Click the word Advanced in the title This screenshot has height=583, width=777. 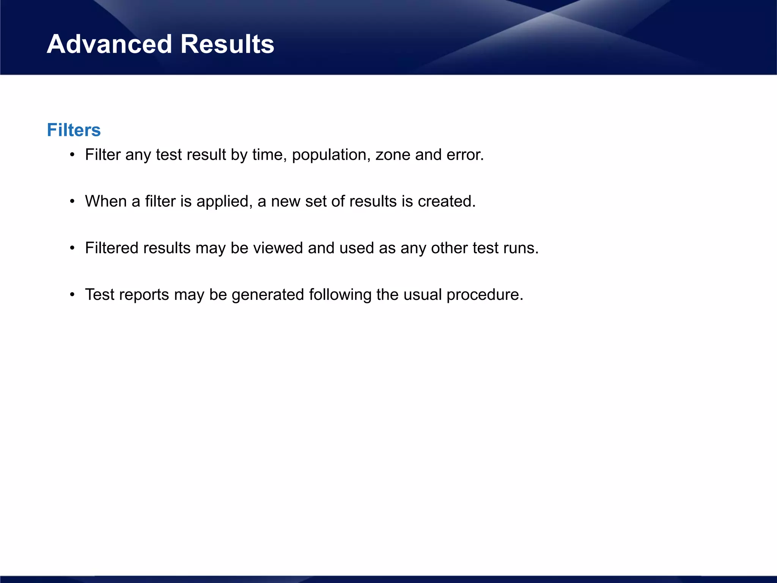coord(109,44)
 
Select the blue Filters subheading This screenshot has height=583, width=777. coord(74,130)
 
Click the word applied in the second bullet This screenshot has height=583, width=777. coord(224,202)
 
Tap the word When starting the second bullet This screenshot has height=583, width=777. coord(106,202)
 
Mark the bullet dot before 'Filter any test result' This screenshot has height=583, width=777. coord(72,155)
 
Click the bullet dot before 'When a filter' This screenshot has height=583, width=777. coord(72,202)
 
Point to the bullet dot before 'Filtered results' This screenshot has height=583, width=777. coord(72,248)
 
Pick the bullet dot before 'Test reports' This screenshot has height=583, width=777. coord(72,295)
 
